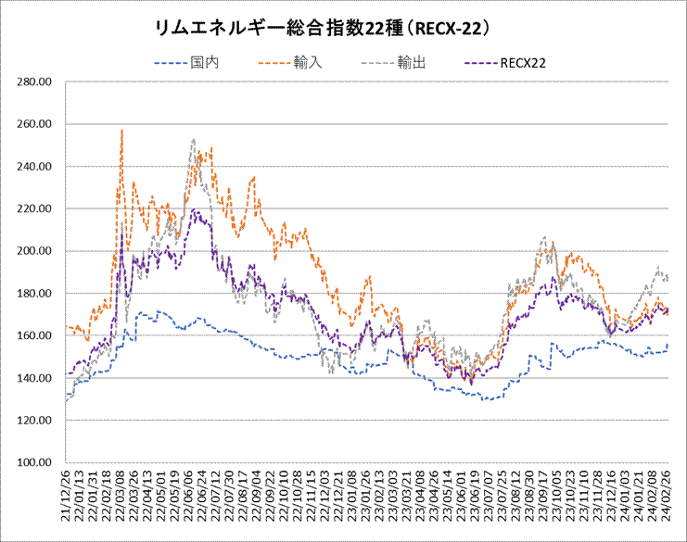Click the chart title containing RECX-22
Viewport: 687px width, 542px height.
point(324,30)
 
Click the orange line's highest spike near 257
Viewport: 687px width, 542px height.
point(121,131)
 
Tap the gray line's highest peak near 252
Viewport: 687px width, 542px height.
point(193,140)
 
